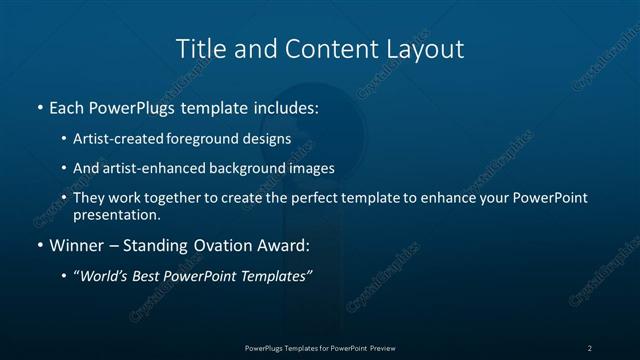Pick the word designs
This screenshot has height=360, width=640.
pyautogui.click(x=271, y=139)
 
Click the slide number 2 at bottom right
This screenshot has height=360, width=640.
pyautogui.click(x=589, y=348)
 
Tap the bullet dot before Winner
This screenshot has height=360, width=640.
pyautogui.click(x=39, y=245)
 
